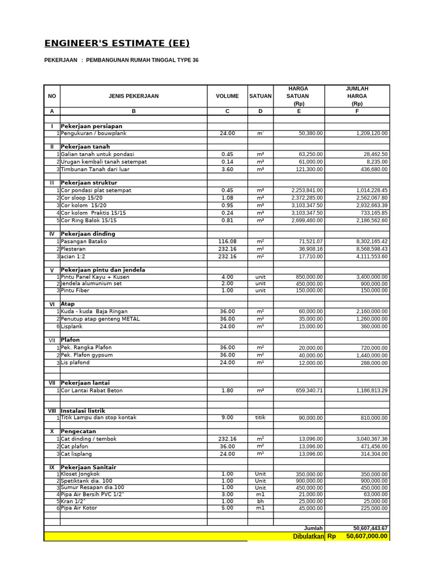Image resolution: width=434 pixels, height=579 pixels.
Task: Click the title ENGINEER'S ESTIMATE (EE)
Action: click(117, 44)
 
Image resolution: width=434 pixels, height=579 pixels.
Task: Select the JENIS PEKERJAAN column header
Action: click(133, 96)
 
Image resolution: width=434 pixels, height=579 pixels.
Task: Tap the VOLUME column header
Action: click(227, 96)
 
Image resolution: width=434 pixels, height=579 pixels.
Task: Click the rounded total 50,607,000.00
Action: click(366, 536)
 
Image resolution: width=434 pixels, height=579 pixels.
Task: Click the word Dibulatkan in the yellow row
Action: click(308, 536)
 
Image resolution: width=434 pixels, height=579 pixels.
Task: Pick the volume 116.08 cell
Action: click(227, 241)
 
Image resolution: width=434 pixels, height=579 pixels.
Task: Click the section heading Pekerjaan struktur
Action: click(89, 183)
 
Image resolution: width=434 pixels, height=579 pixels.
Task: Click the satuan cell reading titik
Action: click(260, 417)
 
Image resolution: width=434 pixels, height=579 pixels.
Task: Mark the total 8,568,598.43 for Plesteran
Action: click(364, 249)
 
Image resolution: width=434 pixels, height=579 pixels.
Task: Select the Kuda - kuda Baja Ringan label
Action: click(94, 312)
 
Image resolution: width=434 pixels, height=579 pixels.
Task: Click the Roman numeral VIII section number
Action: click(52, 411)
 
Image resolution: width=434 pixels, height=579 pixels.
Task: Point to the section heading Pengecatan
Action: click(80, 431)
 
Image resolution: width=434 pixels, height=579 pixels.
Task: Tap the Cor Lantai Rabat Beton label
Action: click(92, 391)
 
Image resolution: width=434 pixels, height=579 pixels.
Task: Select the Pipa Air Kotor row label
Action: click(79, 508)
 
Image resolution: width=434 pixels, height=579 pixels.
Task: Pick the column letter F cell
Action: click(357, 111)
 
